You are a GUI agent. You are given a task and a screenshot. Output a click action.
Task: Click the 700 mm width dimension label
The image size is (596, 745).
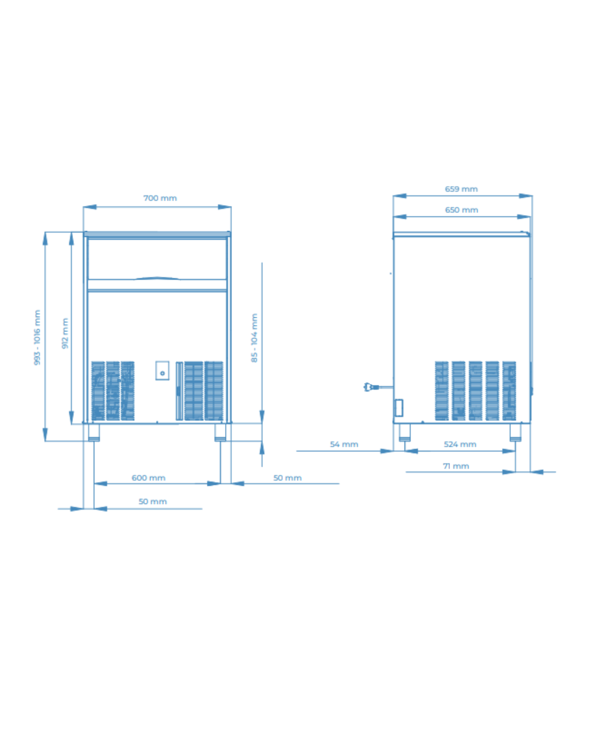(x=160, y=198)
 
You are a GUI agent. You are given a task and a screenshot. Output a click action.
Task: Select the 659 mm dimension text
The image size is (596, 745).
(x=461, y=189)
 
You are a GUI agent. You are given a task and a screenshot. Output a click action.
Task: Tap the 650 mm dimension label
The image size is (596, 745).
(x=461, y=210)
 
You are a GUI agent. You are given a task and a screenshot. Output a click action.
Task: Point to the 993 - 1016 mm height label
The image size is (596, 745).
(x=37, y=337)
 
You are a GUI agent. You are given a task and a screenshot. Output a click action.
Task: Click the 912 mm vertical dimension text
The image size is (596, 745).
(x=65, y=333)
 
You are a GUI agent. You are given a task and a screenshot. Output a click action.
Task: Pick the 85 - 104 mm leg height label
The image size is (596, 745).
(x=254, y=338)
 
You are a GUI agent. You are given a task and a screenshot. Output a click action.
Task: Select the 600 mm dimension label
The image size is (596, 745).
(x=148, y=478)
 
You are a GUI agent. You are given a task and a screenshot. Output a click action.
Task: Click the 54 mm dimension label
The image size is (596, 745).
(x=344, y=444)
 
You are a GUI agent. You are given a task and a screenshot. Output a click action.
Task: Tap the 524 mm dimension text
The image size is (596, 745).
(x=460, y=444)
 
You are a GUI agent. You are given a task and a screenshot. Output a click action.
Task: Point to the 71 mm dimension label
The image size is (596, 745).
(x=456, y=466)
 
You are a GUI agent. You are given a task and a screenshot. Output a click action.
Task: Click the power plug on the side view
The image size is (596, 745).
(x=371, y=387)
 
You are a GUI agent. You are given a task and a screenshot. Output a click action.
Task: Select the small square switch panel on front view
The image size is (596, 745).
(x=162, y=371)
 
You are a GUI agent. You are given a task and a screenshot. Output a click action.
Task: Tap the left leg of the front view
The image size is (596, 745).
(x=94, y=432)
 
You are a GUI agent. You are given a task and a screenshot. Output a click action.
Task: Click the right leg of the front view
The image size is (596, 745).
(x=221, y=432)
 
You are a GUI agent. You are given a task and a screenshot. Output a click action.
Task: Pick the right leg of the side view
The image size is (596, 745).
(x=515, y=432)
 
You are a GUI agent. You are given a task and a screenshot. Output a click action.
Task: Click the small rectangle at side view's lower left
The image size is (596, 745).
(x=399, y=408)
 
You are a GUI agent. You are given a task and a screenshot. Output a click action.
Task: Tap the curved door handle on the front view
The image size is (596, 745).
(x=157, y=278)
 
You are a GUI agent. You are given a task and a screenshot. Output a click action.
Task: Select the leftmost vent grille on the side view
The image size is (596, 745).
(x=441, y=391)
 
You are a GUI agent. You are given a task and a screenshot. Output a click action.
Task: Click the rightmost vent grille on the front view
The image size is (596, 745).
(x=213, y=391)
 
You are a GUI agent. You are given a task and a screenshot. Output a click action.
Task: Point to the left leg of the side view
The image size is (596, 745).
(x=404, y=432)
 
